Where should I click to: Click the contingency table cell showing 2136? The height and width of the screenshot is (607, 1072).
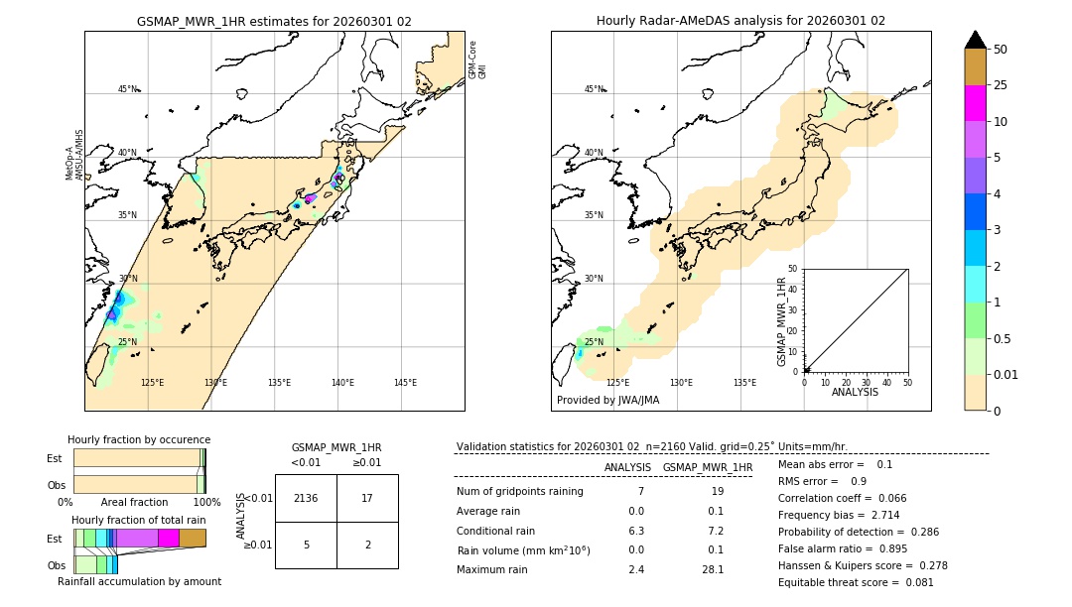tap(306, 498)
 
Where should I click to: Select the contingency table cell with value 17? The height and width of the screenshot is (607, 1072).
tap(367, 498)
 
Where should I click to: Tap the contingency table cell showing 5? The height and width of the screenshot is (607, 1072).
tap(306, 545)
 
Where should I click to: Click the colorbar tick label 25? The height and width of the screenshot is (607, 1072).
tap(1001, 85)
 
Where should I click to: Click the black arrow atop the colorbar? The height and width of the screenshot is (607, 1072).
tap(976, 40)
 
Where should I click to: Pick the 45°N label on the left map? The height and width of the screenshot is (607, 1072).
tap(127, 89)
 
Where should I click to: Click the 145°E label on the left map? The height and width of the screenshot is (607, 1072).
tap(405, 383)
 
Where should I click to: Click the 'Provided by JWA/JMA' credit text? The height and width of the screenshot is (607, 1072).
tap(607, 401)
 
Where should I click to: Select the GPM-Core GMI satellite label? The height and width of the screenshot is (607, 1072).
tap(477, 60)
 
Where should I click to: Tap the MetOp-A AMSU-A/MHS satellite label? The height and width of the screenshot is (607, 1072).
tap(74, 155)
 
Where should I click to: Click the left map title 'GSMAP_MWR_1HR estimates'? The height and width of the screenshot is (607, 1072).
tap(274, 21)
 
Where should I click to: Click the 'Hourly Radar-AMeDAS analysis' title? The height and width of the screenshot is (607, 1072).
tap(740, 21)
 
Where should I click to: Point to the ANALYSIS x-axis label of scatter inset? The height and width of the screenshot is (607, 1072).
tap(855, 392)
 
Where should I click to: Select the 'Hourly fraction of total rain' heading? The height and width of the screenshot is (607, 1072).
tap(139, 520)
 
